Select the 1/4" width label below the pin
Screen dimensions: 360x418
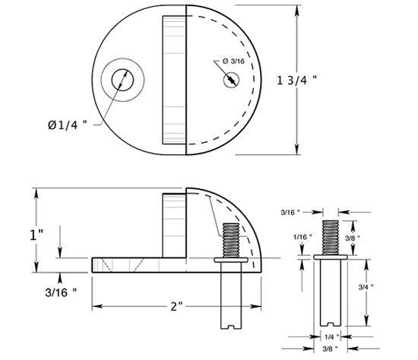coord(328,335)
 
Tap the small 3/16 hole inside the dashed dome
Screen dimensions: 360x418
coord(230,80)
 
